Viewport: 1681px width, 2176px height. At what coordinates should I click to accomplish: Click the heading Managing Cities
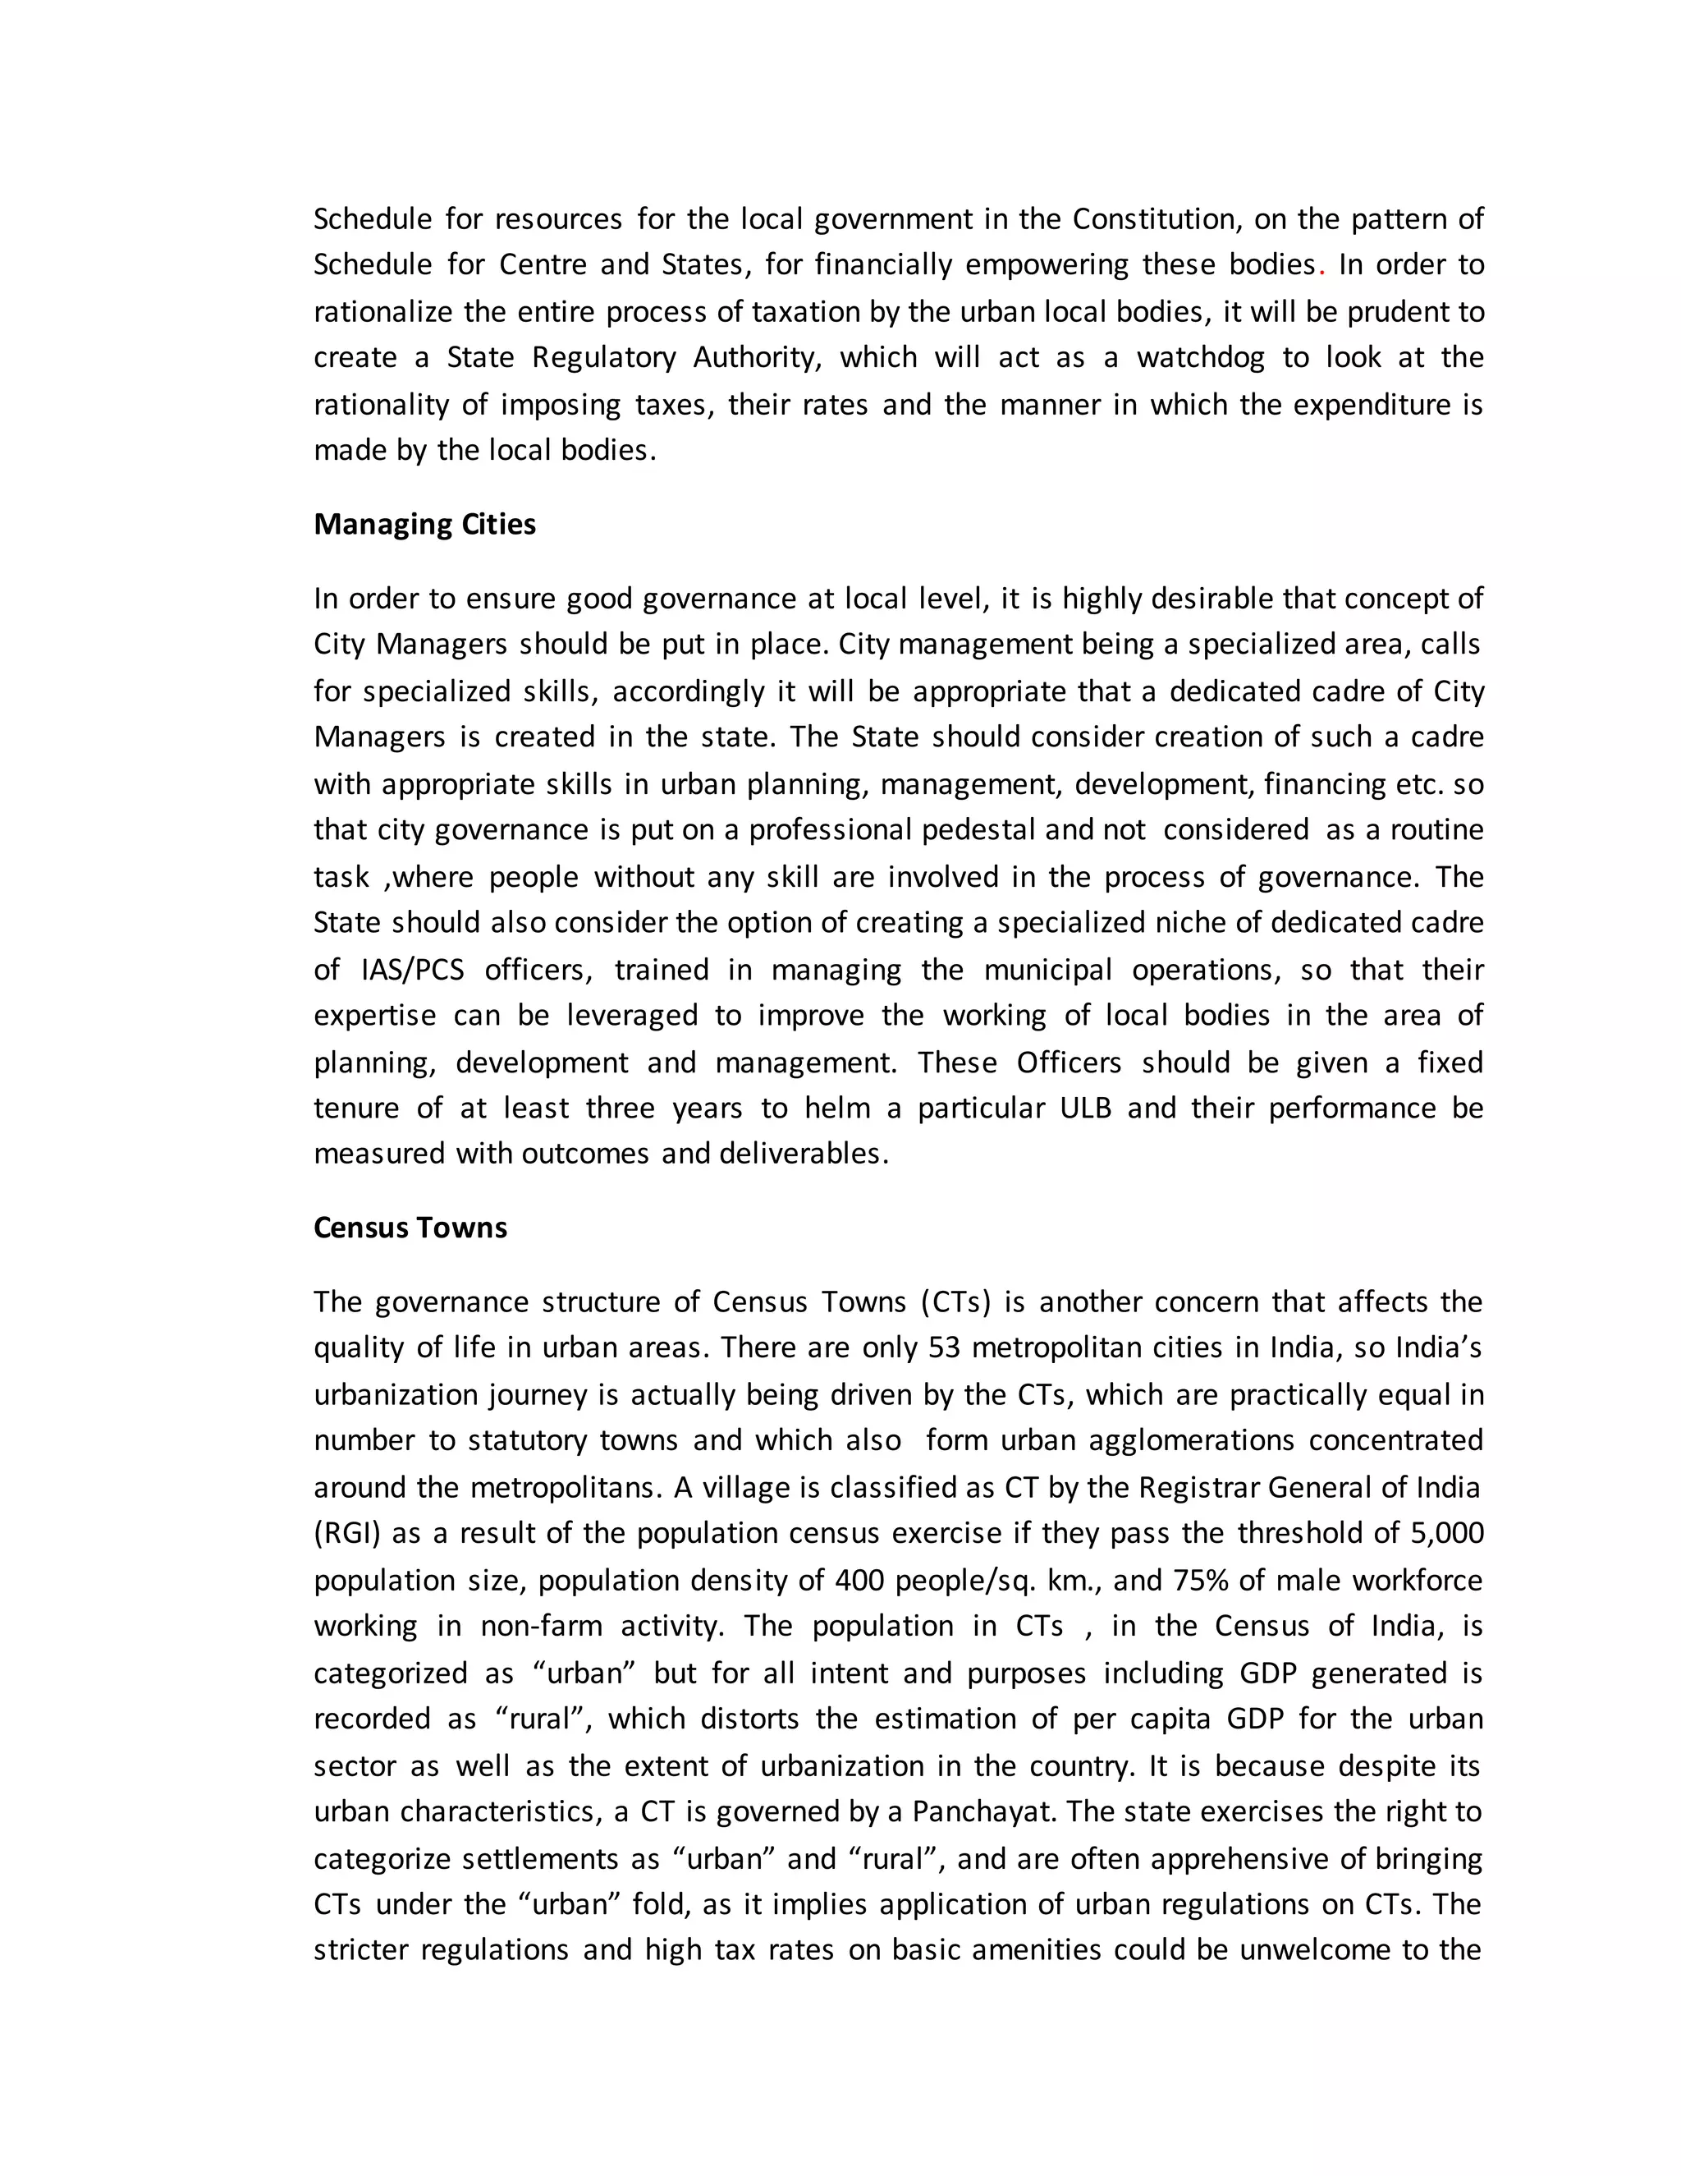point(424,525)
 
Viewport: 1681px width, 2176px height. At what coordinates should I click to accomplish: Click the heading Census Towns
point(410,1228)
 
